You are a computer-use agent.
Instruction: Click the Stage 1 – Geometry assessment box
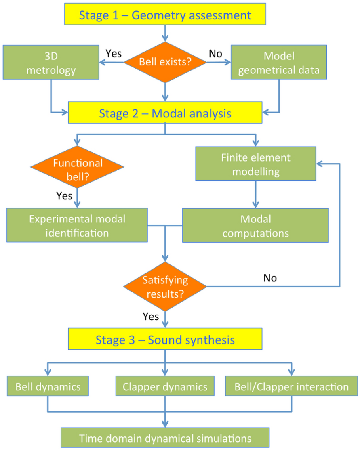point(165,15)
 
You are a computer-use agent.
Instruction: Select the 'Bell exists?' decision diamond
point(165,62)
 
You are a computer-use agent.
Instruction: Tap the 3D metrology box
point(51,62)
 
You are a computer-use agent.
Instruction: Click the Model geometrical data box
point(278,62)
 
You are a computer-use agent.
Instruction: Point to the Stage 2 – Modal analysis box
point(165,113)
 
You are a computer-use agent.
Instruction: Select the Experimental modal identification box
point(77,225)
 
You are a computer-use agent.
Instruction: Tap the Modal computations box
point(255,225)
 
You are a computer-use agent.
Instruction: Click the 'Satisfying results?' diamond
point(165,287)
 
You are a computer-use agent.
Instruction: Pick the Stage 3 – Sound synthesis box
point(165,339)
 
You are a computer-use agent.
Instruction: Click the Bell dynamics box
point(48,386)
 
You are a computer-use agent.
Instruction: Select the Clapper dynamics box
point(165,386)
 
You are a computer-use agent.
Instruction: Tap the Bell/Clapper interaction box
point(291,386)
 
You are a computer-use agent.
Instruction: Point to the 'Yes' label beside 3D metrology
point(114,53)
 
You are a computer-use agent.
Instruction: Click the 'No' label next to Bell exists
point(215,53)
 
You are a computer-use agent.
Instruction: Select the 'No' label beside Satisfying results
point(269,278)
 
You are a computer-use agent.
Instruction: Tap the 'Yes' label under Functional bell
point(64,196)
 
